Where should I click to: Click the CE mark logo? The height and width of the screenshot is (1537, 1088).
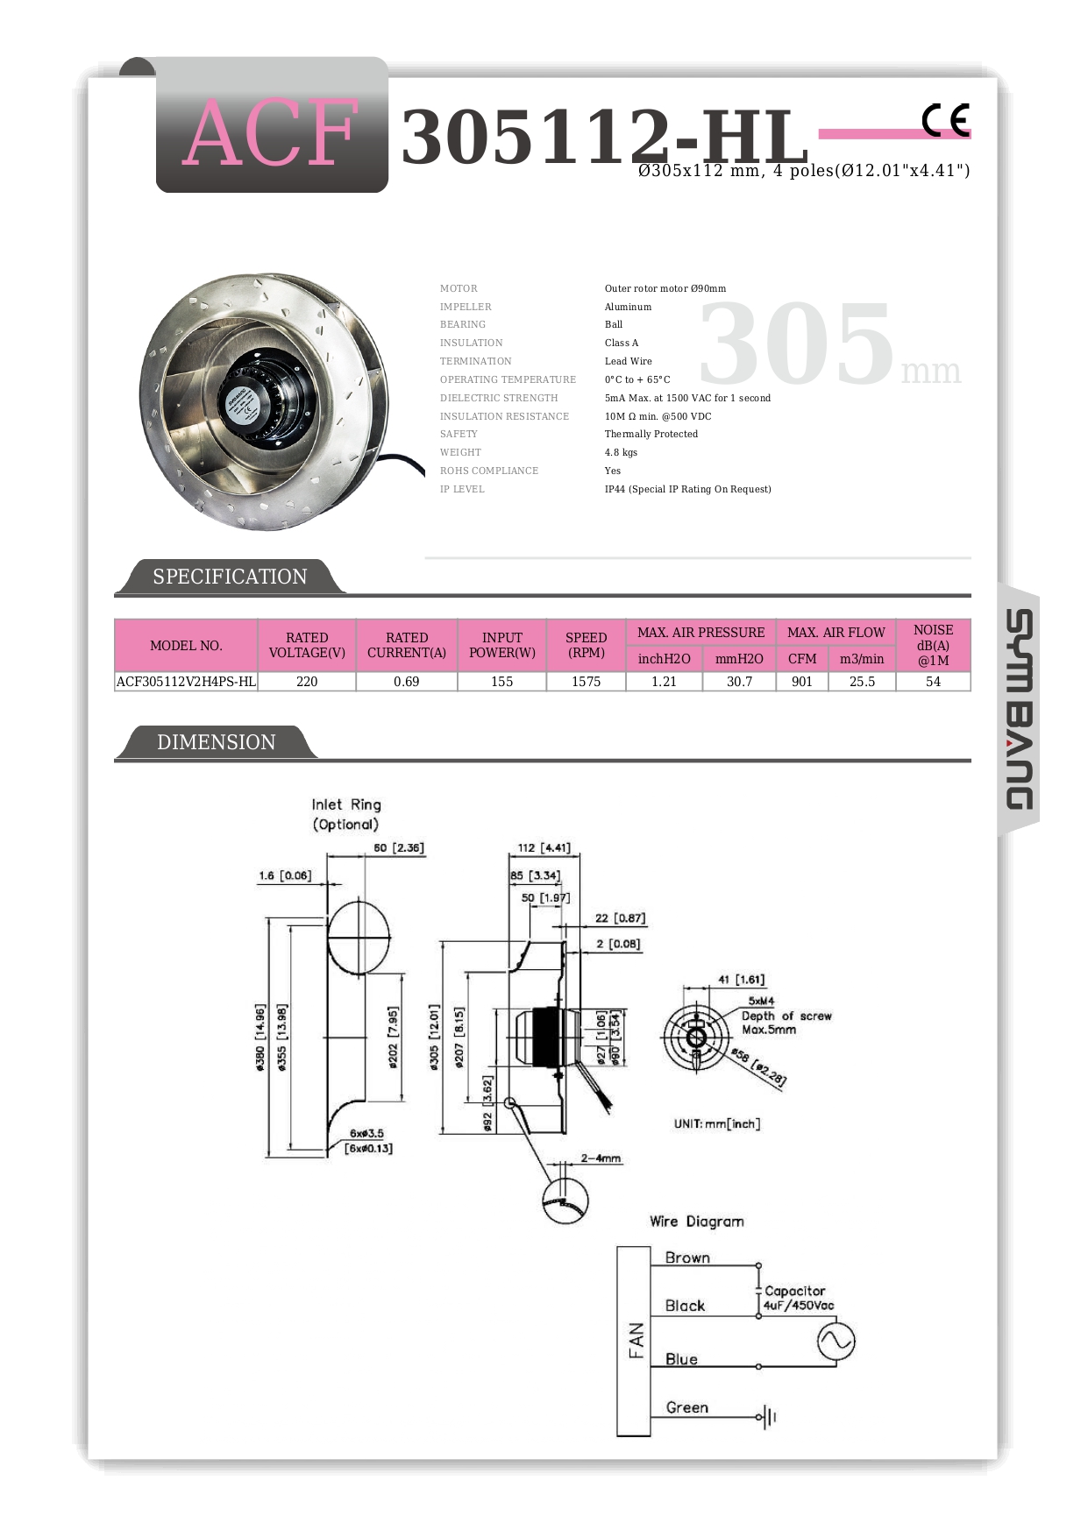click(x=946, y=120)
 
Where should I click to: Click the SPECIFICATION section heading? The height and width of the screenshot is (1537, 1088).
click(x=230, y=577)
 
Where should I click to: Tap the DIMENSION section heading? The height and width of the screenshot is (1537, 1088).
click(x=216, y=742)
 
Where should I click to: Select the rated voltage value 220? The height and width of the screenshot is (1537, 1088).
click(x=307, y=682)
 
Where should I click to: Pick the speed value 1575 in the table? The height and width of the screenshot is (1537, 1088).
click(x=586, y=682)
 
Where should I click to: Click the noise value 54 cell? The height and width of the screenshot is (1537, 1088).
click(x=933, y=682)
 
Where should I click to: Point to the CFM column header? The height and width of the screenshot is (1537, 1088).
click(x=802, y=659)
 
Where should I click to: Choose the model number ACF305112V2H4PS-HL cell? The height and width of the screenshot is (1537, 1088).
click(x=186, y=682)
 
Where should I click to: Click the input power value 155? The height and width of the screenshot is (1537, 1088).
click(x=501, y=682)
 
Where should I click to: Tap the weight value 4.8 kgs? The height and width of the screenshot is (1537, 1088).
click(x=621, y=453)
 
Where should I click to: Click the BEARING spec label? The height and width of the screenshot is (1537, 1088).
click(x=463, y=325)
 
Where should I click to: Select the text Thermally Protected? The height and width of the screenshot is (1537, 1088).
click(x=651, y=435)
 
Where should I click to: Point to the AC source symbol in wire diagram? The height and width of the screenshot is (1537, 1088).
click(x=836, y=1341)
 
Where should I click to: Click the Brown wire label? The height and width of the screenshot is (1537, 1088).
click(x=687, y=1258)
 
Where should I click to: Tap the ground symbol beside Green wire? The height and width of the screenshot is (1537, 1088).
click(x=770, y=1417)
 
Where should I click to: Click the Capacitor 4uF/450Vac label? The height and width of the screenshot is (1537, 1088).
click(x=798, y=1298)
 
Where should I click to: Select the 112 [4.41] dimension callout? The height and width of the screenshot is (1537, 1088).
click(x=544, y=848)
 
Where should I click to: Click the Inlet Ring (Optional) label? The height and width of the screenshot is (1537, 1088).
click(x=346, y=814)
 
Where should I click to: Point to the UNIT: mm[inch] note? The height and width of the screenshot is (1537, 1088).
click(x=717, y=1124)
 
